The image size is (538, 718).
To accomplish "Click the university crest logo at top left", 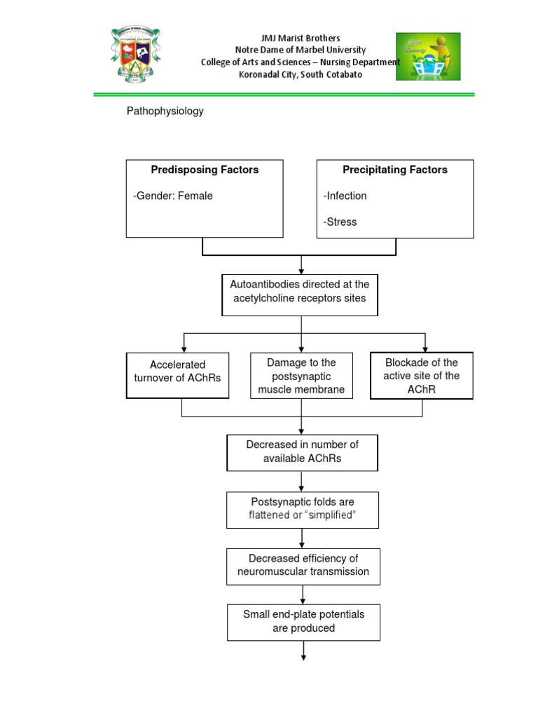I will pyautogui.click(x=136, y=55).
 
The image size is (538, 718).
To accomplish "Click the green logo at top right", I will pyautogui.click(x=428, y=56).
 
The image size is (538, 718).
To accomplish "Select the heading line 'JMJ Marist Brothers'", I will pyautogui.click(x=300, y=38).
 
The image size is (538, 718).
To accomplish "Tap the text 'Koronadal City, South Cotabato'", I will pyautogui.click(x=300, y=74).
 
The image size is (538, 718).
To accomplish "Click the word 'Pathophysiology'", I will pyautogui.click(x=165, y=111).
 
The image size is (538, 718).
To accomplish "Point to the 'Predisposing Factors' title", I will pyautogui.click(x=205, y=170).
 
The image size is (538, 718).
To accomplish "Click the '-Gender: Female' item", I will pyautogui.click(x=173, y=196).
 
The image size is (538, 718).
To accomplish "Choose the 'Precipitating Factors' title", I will pyautogui.click(x=394, y=170).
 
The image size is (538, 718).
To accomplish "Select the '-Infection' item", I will pyautogui.click(x=345, y=196).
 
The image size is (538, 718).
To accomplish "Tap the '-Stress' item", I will pyautogui.click(x=340, y=222).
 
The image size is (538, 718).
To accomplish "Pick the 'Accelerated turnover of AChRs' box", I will pyautogui.click(x=178, y=375).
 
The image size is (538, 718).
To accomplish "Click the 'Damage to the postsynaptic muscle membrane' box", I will pyautogui.click(x=301, y=376).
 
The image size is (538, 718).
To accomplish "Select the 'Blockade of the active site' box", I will pyautogui.click(x=422, y=375).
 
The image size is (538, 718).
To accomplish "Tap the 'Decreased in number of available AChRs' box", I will pyautogui.click(x=302, y=452).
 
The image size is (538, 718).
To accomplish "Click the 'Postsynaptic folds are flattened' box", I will pyautogui.click(x=303, y=510).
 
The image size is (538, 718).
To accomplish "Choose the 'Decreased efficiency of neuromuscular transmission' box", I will pyautogui.click(x=303, y=566).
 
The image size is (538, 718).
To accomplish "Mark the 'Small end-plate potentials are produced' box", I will pyautogui.click(x=303, y=622).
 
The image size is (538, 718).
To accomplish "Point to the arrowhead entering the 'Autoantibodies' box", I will pyautogui.click(x=301, y=271).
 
